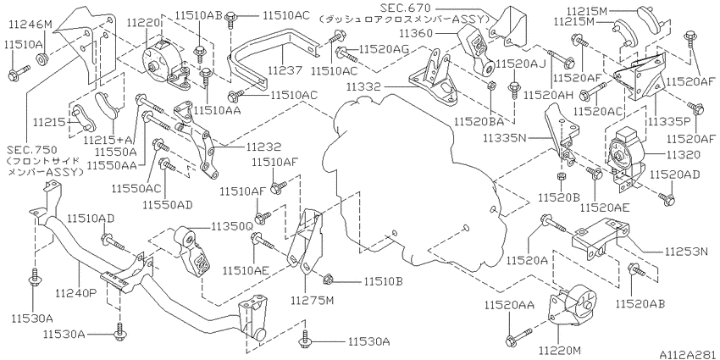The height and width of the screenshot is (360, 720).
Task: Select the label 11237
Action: pos(285,70)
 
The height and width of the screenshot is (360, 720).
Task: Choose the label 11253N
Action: pos(687,252)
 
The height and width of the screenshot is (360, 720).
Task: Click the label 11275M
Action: pos(313,301)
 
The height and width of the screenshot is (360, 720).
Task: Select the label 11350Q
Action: pos(232,226)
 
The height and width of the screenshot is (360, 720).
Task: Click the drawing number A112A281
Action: pos(689,355)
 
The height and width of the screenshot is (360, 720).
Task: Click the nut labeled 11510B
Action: pos(328,279)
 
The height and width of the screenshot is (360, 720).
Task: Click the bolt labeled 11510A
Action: pos(19,71)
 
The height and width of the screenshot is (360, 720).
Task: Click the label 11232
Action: pos(263,147)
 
